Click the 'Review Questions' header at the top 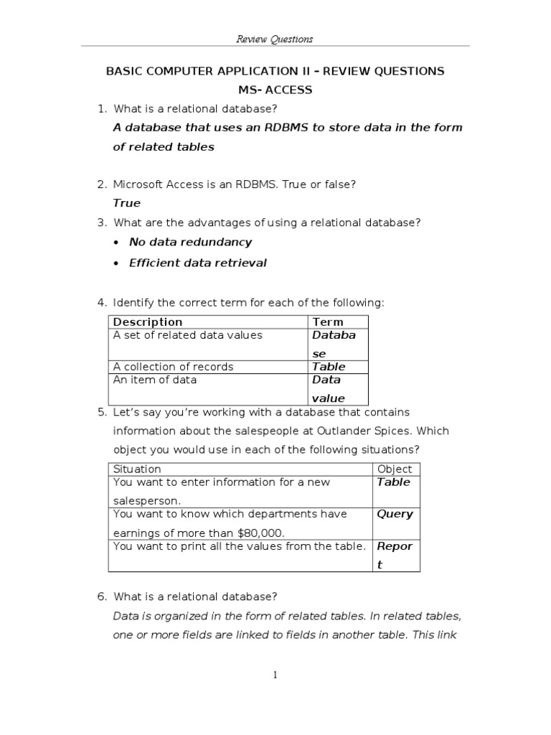[275, 39]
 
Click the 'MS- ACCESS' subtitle [275, 90]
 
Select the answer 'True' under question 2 [127, 203]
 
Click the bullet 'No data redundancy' [190, 243]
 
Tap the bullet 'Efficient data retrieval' [197, 263]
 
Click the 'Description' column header [148, 322]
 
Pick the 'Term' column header [328, 322]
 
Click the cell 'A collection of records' [173, 367]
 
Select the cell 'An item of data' [154, 380]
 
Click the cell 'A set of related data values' [188, 335]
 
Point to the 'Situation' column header [137, 469]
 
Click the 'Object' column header [395, 469]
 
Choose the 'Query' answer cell [395, 514]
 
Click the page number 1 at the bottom [275, 675]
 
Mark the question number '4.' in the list [102, 303]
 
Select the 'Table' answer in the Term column [329, 367]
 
